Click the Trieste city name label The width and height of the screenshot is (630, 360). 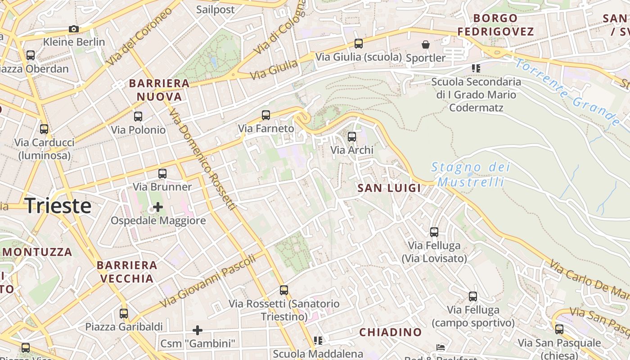[x=58, y=206]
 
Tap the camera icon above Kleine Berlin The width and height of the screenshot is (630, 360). [x=74, y=29]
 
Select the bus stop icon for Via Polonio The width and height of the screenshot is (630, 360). [x=138, y=117]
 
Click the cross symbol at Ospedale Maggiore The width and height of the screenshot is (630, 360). [x=158, y=207]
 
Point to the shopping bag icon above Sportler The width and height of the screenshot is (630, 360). [x=425, y=45]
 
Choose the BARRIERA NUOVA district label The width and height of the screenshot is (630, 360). [x=159, y=90]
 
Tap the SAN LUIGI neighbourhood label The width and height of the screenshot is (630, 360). [x=389, y=188]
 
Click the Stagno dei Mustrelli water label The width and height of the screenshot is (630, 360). [x=471, y=175]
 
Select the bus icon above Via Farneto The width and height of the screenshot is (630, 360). [x=266, y=115]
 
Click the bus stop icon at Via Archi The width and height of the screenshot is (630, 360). [x=352, y=137]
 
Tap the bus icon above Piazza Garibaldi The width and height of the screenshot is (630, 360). [x=124, y=313]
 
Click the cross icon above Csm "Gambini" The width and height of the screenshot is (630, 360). [x=197, y=330]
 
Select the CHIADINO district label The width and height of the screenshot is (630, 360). [x=390, y=332]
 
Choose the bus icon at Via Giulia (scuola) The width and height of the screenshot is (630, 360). [x=358, y=44]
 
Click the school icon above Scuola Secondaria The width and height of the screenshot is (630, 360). [x=476, y=68]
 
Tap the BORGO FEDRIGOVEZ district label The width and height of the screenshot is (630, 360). [x=495, y=25]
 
